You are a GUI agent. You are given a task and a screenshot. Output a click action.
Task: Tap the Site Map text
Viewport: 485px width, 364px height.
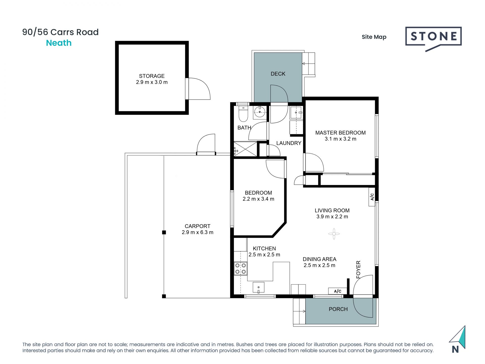click(x=374, y=37)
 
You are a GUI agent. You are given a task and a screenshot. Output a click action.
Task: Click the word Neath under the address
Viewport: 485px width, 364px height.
click(x=59, y=43)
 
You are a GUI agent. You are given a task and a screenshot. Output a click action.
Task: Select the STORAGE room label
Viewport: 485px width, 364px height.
click(x=152, y=76)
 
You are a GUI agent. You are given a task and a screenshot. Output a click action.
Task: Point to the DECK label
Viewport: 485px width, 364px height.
click(x=278, y=74)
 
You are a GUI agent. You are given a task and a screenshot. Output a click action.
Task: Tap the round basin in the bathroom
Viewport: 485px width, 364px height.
click(x=260, y=112)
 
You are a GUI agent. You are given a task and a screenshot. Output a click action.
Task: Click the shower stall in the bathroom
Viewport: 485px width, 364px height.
click(x=245, y=149)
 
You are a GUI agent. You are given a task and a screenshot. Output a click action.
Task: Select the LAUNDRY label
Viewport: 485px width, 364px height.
click(x=289, y=143)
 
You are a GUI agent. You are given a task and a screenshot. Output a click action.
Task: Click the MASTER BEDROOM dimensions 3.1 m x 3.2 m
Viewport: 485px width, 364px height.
click(x=341, y=139)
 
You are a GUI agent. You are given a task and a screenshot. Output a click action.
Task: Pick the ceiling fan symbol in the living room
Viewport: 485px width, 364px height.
click(x=334, y=234)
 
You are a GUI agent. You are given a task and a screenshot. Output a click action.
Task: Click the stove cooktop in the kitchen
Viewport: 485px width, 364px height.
click(x=240, y=269)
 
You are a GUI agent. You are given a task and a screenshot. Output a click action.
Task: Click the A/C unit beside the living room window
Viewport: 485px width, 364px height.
click(x=372, y=197)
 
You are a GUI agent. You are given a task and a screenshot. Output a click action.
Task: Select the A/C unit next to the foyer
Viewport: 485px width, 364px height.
click(x=337, y=291)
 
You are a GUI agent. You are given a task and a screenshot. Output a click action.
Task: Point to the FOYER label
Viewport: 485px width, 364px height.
click(x=358, y=269)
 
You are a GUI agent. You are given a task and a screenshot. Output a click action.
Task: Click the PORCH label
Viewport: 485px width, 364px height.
click(x=338, y=309)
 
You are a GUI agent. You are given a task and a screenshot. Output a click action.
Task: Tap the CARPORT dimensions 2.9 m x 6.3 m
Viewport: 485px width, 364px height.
click(x=198, y=232)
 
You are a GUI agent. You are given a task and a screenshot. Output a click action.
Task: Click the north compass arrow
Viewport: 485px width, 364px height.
click(x=458, y=337)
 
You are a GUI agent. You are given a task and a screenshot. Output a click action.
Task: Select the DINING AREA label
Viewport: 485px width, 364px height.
click(x=320, y=259)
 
